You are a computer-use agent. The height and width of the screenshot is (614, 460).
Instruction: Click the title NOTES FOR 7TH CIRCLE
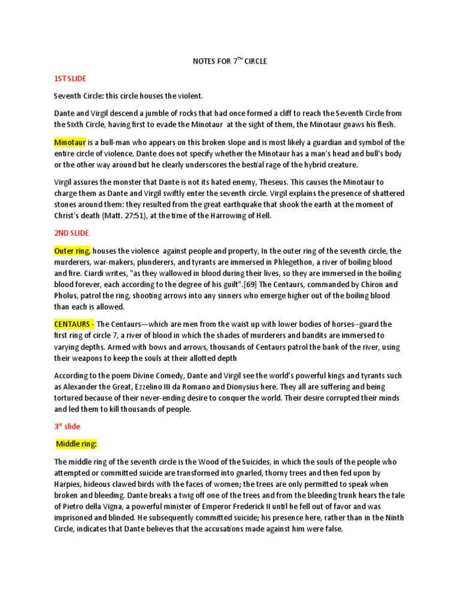[x=229, y=61]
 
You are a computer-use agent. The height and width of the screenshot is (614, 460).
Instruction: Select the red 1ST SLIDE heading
[x=71, y=79]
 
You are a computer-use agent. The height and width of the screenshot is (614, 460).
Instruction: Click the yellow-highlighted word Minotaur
[x=70, y=143]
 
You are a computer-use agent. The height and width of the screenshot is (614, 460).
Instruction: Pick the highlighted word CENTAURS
[x=74, y=324]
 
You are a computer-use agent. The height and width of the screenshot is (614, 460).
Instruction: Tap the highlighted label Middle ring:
[x=76, y=444]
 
